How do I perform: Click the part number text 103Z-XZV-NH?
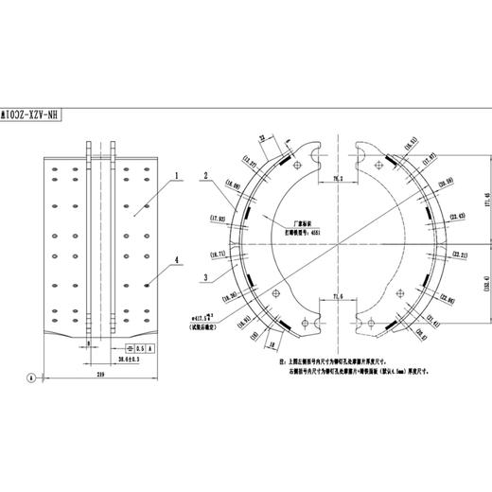point(34,112)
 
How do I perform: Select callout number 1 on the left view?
point(176,177)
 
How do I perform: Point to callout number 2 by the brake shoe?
point(205,176)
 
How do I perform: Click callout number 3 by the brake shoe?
point(205,277)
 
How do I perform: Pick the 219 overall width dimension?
point(99,374)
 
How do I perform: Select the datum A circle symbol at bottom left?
point(31,378)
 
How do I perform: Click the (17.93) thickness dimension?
point(217,219)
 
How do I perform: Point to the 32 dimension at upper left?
point(262,139)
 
